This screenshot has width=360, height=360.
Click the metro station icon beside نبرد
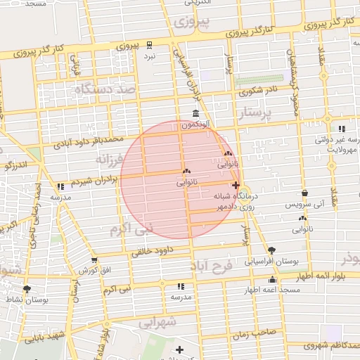click(x=149, y=45)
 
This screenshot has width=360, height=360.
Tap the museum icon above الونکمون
click(x=195, y=114)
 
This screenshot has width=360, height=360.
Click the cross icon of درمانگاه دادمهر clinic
click(x=235, y=186)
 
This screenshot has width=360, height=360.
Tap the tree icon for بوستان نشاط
click(x=27, y=288)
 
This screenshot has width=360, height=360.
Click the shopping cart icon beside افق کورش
click(x=94, y=260)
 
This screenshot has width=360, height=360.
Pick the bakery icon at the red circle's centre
click(x=186, y=171)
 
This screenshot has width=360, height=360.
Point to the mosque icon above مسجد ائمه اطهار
click(x=272, y=280)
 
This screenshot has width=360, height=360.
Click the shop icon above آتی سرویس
click(x=304, y=193)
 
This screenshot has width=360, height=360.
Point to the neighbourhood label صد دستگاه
click(x=107, y=89)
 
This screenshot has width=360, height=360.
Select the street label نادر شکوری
click(x=257, y=91)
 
